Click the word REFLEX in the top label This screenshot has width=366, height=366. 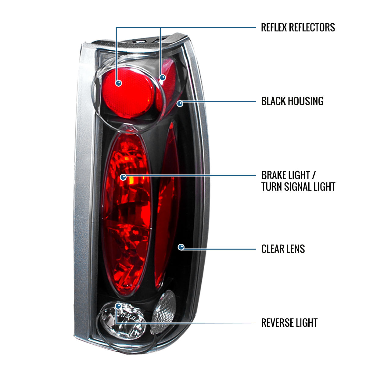(x=274, y=27)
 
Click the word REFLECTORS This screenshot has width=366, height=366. (x=311, y=27)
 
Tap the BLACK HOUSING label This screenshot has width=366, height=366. (x=292, y=101)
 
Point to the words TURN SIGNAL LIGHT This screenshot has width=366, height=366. (x=298, y=187)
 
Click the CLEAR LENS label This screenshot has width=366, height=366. (x=283, y=249)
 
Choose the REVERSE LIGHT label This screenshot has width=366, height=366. (x=289, y=323)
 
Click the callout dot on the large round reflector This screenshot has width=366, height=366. (x=118, y=83)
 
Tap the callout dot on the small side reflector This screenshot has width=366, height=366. (x=163, y=77)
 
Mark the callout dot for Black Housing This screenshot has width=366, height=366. (x=180, y=103)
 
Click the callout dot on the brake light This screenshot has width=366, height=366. (x=123, y=177)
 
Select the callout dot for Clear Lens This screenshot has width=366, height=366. (x=181, y=247)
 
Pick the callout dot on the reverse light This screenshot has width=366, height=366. (x=118, y=306)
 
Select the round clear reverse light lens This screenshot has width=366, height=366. (x=122, y=320)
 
